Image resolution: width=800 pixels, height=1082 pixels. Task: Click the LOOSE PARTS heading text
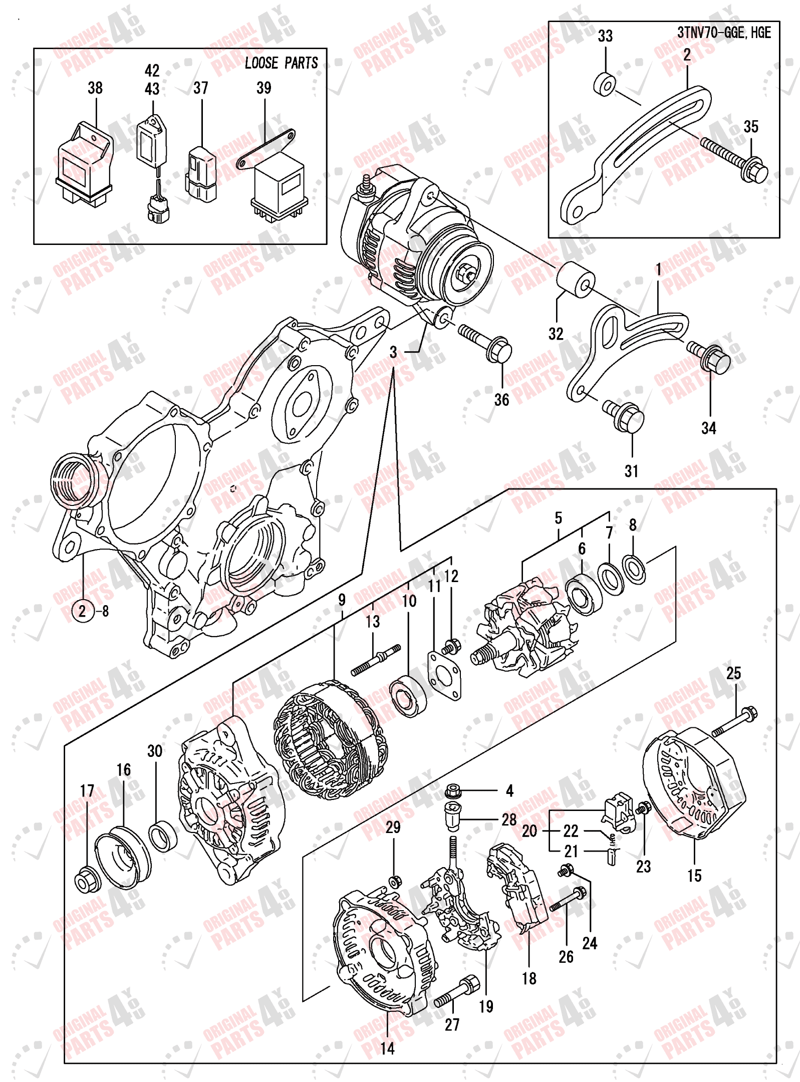pyautogui.click(x=281, y=63)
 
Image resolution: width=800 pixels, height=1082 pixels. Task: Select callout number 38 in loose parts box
pyautogui.click(x=95, y=88)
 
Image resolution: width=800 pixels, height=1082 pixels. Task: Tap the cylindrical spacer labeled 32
pyautogui.click(x=576, y=280)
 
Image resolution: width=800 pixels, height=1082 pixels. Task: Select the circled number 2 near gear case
pyautogui.click(x=83, y=611)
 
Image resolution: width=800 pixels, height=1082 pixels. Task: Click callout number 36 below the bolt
pyautogui.click(x=501, y=400)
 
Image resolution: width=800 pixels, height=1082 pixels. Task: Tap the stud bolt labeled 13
pyautogui.click(x=376, y=660)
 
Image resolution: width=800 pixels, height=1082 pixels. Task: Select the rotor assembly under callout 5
pyautogui.click(x=523, y=630)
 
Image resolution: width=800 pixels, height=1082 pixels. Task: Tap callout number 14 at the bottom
pyautogui.click(x=387, y=1048)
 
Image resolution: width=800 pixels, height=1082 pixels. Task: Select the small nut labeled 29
pyautogui.click(x=394, y=880)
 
